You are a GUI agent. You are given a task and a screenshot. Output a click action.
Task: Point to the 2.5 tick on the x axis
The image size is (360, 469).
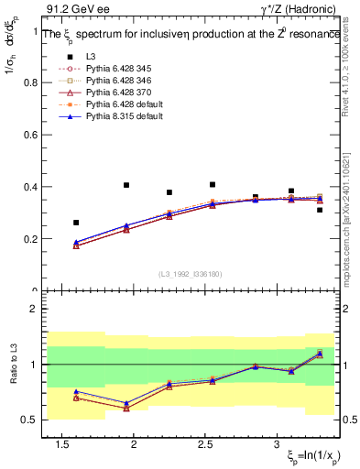click(205, 443)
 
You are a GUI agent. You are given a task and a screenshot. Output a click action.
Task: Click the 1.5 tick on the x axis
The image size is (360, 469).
click(62, 443)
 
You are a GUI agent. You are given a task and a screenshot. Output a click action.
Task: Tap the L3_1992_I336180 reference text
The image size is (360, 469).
click(191, 274)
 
